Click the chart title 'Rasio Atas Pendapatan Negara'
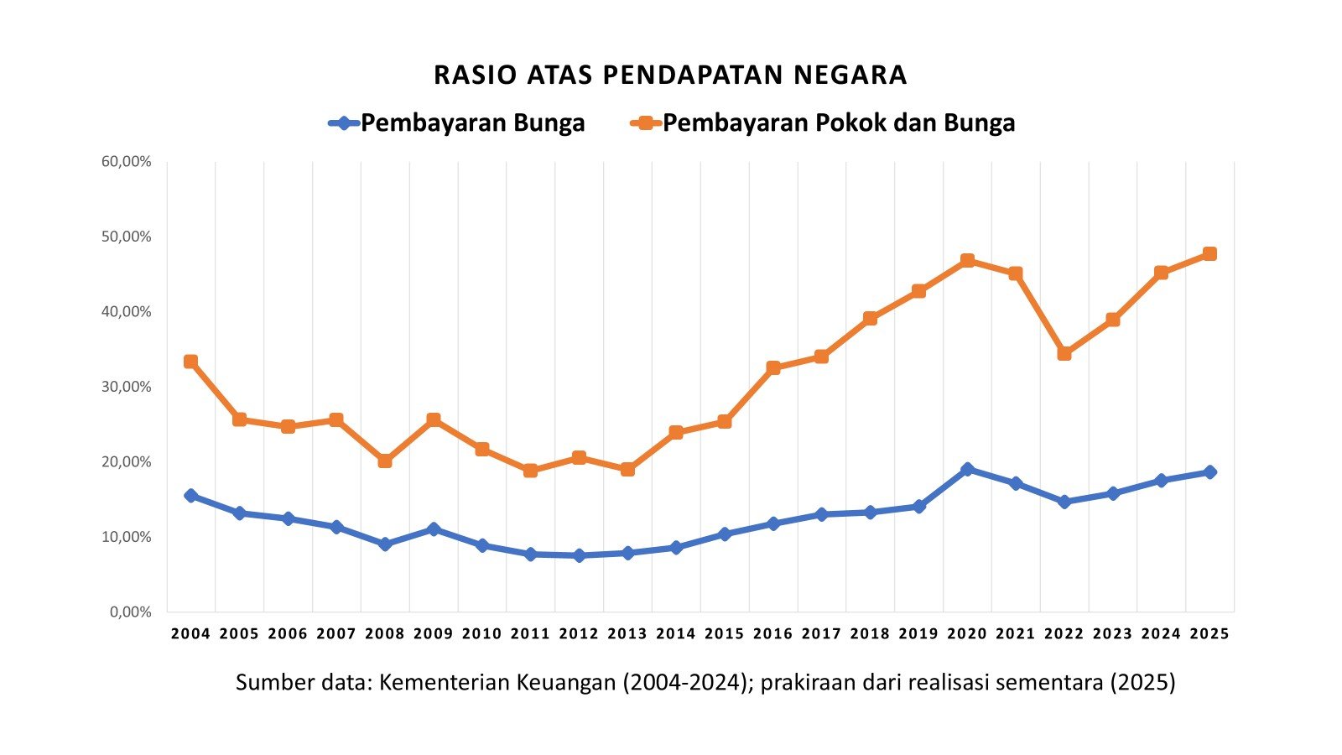click(670, 75)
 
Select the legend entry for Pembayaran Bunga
click(457, 122)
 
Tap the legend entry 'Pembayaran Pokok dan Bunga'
click(823, 122)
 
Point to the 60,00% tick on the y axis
click(126, 161)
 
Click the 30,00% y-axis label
click(126, 387)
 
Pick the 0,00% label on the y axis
click(129, 612)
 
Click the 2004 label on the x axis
click(190, 634)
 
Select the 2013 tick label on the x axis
click(627, 634)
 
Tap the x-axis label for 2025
click(1209, 634)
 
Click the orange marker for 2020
click(967, 260)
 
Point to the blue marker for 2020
click(967, 469)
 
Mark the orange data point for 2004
click(190, 362)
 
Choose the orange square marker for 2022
click(1064, 353)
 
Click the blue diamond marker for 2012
click(579, 555)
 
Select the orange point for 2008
click(385, 461)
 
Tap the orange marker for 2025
click(1209, 253)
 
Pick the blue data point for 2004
click(190, 495)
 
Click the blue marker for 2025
click(1209, 471)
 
